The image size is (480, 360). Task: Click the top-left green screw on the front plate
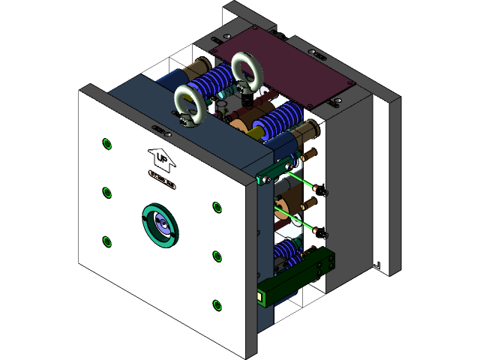(106, 143)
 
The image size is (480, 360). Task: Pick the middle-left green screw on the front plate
(106, 192)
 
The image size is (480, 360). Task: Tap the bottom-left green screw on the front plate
(106, 240)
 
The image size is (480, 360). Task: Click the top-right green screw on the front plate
(217, 206)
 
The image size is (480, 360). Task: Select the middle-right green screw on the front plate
(217, 256)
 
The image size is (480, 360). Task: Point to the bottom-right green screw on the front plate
(217, 304)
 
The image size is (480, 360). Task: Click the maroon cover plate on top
(285, 67)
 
